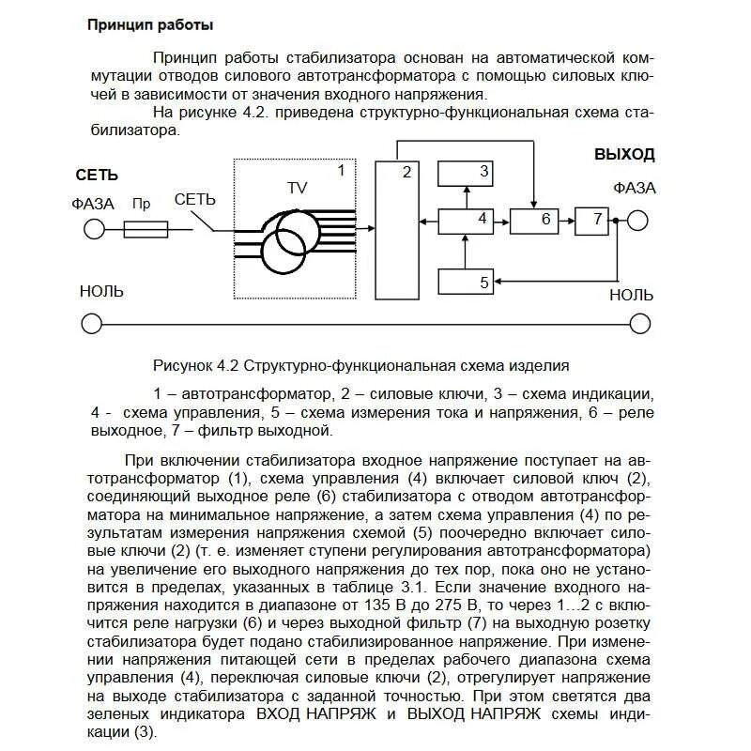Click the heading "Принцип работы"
pos(149,24)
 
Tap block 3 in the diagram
pos(467,173)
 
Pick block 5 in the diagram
pos(467,281)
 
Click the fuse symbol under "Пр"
pos(147,228)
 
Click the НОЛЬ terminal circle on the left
pos(92,324)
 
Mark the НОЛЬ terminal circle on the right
pos(639,324)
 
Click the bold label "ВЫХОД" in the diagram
pos(624,155)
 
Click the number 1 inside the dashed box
pos(341,171)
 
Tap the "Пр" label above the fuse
pos(142,203)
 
